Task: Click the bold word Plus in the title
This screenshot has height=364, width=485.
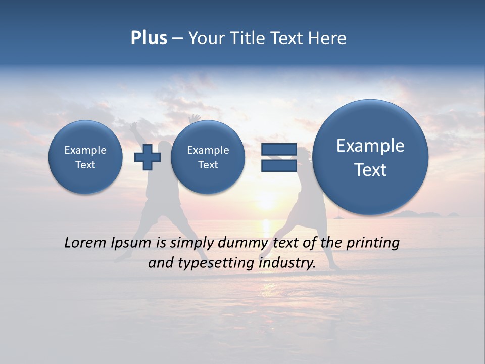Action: click(x=149, y=38)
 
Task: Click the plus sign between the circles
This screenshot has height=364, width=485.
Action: click(x=148, y=157)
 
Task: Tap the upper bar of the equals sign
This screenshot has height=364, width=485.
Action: click(x=279, y=150)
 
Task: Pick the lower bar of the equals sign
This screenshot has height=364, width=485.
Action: click(x=279, y=166)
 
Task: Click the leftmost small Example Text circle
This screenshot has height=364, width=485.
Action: click(x=85, y=157)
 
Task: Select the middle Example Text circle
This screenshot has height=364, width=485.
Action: click(x=208, y=157)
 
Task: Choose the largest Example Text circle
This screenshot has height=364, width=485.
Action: click(x=370, y=157)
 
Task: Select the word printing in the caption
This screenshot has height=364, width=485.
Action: click(x=372, y=243)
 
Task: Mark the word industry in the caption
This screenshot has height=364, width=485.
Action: click(x=287, y=263)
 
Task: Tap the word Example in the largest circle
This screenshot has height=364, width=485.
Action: click(x=370, y=146)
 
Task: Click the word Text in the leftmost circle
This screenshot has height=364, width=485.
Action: click(x=85, y=165)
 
